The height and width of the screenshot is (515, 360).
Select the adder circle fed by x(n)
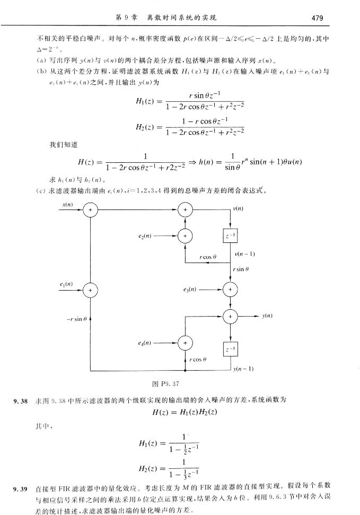tap(90, 211)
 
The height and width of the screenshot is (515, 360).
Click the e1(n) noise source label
tap(66, 285)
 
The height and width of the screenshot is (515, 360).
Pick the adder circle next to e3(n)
tap(231, 290)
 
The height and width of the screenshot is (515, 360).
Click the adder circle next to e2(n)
tap(185, 235)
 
